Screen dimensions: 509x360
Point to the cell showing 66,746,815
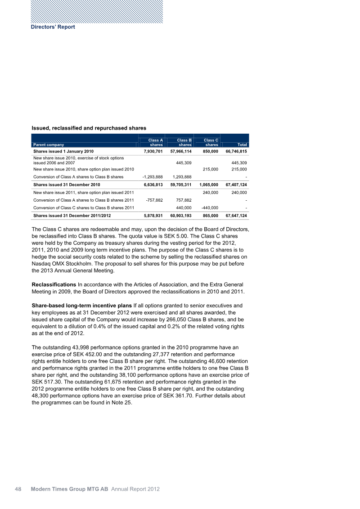(x=236, y=152)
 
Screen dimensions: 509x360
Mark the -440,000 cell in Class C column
(x=209, y=207)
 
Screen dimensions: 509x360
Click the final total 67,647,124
(x=236, y=216)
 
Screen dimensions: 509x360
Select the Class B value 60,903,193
(x=179, y=216)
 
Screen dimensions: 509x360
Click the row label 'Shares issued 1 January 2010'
(x=62, y=152)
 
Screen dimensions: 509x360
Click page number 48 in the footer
(x=18, y=489)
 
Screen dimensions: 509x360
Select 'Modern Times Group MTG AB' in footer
(x=69, y=489)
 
